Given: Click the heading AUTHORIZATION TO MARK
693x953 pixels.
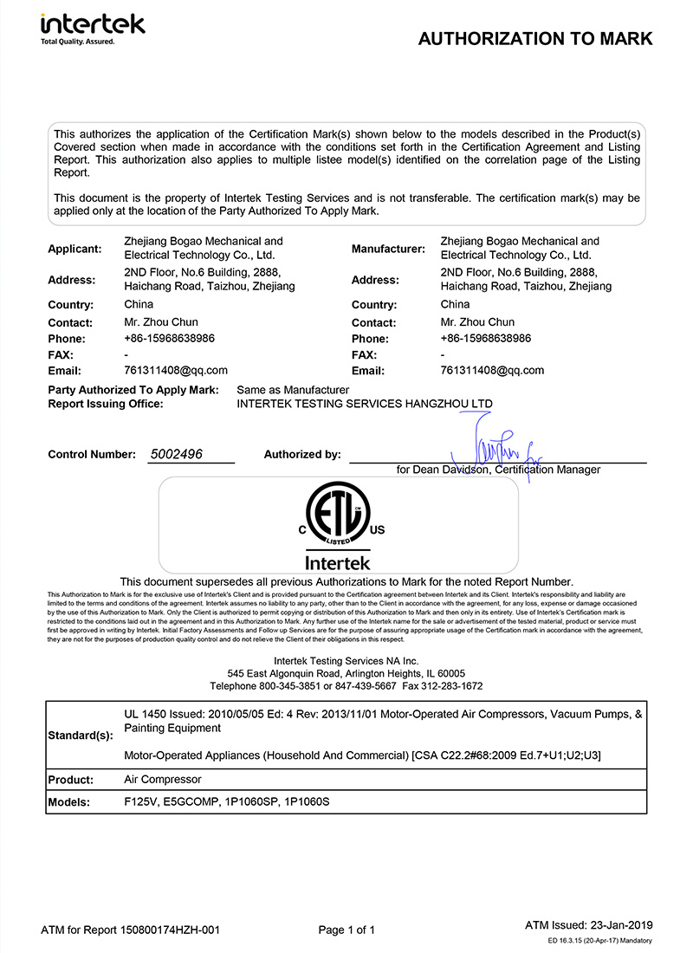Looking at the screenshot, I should [x=535, y=39].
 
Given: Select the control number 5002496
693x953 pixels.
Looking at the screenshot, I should [x=177, y=454].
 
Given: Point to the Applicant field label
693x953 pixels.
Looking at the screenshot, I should [x=74, y=249].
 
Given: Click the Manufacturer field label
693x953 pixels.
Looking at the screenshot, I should [x=388, y=249].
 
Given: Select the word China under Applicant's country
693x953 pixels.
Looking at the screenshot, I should [x=139, y=305].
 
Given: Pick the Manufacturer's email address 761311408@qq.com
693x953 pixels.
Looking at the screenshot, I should [x=492, y=370].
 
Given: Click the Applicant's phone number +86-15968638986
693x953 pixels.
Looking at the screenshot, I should [x=170, y=338].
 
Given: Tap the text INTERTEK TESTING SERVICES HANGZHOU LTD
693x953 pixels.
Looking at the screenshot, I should [x=364, y=404].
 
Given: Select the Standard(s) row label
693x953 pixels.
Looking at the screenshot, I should [x=81, y=735].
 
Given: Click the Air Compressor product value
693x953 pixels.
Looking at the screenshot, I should [x=163, y=780].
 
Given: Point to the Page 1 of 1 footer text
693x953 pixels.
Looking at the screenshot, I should [x=346, y=930].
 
